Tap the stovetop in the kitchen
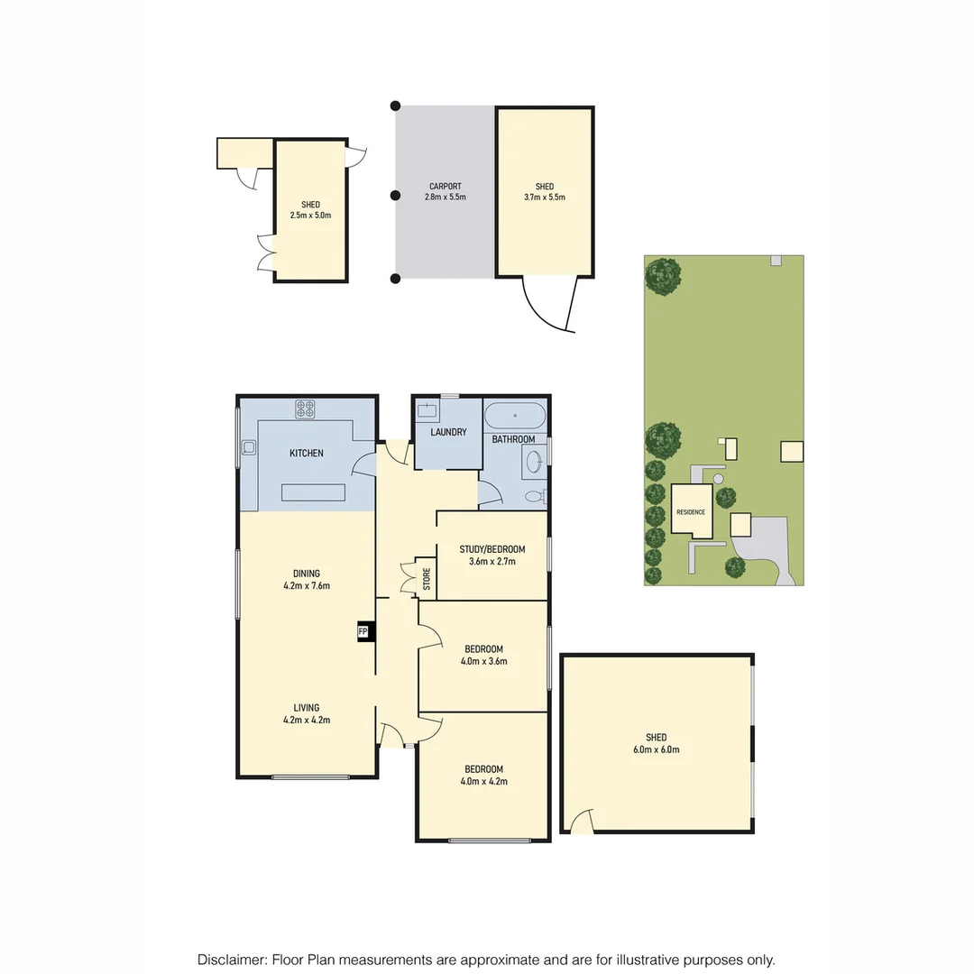305,409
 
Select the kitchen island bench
314,492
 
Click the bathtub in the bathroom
514,417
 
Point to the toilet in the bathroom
534,495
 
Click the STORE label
427,579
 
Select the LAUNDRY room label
448,432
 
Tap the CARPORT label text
445,187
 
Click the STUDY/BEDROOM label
492,548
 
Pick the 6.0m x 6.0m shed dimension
656,749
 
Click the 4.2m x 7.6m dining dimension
307,585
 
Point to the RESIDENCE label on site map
690,512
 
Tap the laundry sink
427,411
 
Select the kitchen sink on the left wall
248,446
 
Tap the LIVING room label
307,708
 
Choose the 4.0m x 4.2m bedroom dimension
484,781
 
